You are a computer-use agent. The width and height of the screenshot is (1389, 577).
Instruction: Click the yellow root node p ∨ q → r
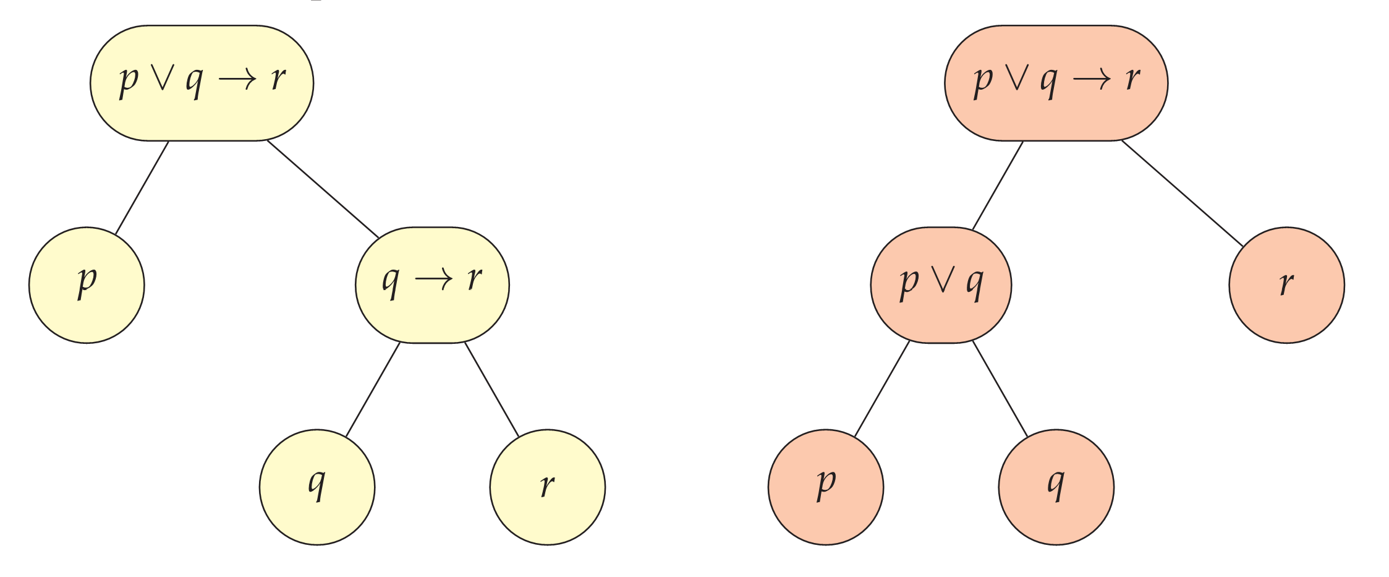coord(202,83)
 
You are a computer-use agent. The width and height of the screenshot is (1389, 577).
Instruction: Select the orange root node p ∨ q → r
coord(1056,83)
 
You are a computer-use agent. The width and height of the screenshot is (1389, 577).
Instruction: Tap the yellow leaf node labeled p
coord(87,284)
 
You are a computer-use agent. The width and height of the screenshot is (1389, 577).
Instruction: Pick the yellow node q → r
coord(432,284)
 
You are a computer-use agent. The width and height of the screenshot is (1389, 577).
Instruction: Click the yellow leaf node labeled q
coord(317,487)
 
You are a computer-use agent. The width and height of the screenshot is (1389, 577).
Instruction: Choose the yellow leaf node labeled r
coord(547,487)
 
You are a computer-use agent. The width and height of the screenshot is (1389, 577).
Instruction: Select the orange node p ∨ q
coord(941,284)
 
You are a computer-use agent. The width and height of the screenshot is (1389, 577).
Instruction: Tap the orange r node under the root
coord(1286,284)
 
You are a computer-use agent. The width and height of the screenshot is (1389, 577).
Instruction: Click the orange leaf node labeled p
coord(826,487)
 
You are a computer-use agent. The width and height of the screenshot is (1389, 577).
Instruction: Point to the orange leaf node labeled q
coord(1056,487)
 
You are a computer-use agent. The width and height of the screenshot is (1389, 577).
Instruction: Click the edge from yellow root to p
coord(142,187)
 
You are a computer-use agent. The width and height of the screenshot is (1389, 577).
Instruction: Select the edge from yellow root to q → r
coord(323,189)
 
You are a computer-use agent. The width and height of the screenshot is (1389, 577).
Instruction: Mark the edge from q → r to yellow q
coord(373,390)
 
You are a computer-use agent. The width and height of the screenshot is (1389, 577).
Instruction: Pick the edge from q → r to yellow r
coord(492,390)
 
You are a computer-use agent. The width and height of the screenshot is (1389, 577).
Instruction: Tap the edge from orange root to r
coord(1182,193)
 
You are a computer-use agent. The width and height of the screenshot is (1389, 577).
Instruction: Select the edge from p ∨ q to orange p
coord(881,390)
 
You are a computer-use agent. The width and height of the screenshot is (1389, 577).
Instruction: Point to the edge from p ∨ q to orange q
coord(1000,390)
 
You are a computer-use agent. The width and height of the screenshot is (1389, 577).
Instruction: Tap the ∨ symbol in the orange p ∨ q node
coord(941,281)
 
